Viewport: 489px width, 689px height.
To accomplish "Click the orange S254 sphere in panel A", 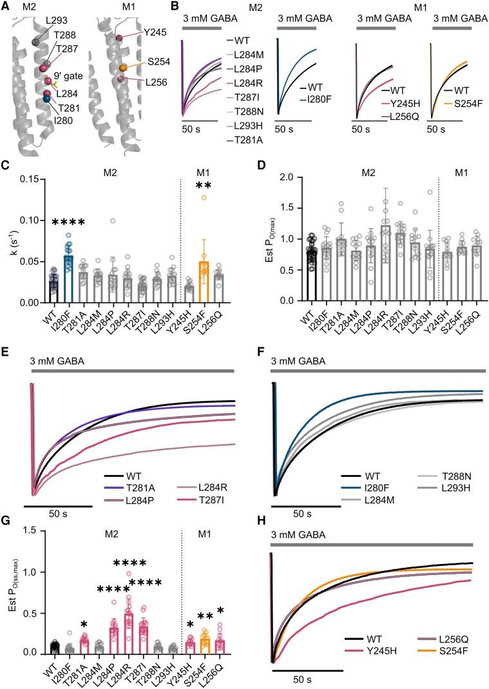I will (x=122, y=68).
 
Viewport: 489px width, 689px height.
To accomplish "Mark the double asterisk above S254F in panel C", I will (x=204, y=186).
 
